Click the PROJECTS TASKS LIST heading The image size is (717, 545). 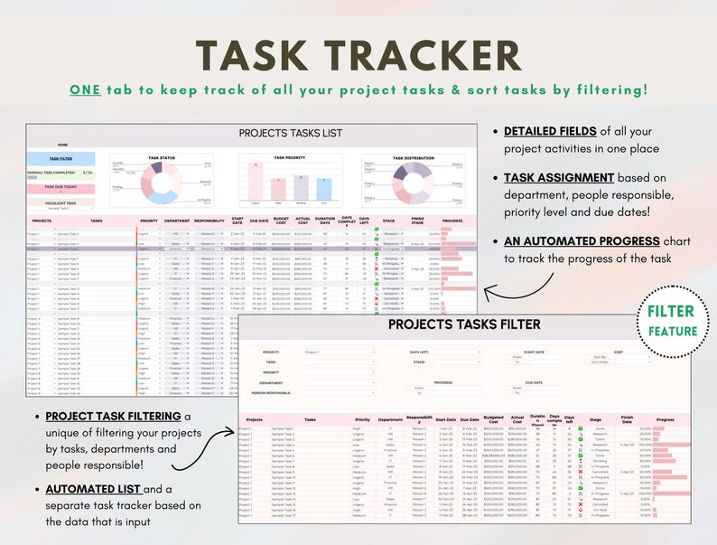click(x=291, y=133)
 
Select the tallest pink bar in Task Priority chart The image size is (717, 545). click(x=256, y=181)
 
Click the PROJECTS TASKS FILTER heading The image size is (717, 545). click(x=464, y=324)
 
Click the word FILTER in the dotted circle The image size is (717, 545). click(x=671, y=312)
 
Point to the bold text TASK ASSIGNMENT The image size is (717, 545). click(x=559, y=177)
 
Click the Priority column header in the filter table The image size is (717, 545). click(x=362, y=419)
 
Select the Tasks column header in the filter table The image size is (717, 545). click(x=311, y=419)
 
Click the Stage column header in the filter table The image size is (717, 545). click(x=595, y=419)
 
